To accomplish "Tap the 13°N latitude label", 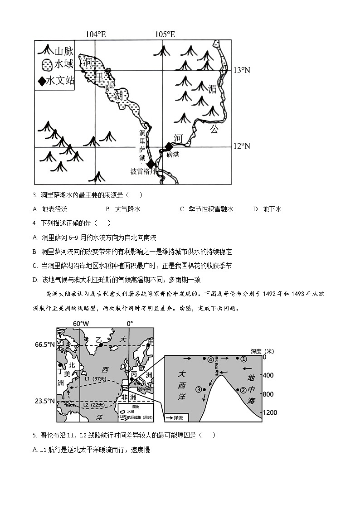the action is point(242,70).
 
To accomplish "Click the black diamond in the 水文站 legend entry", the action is point(42,81).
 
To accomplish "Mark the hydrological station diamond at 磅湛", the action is point(169,146).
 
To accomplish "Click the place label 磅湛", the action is point(173,155).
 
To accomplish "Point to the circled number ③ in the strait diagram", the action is point(198,389).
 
